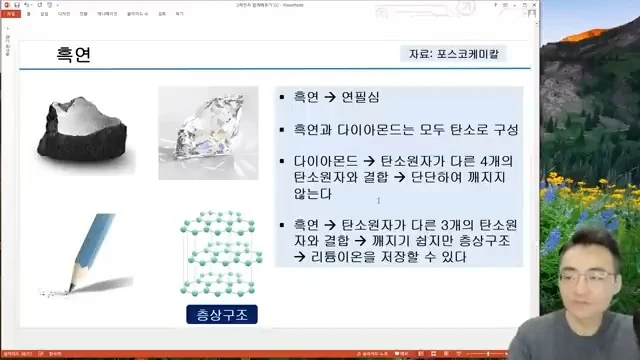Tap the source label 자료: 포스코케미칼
(x=454, y=54)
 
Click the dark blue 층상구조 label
(x=222, y=315)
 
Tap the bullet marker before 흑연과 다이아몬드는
(x=284, y=130)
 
